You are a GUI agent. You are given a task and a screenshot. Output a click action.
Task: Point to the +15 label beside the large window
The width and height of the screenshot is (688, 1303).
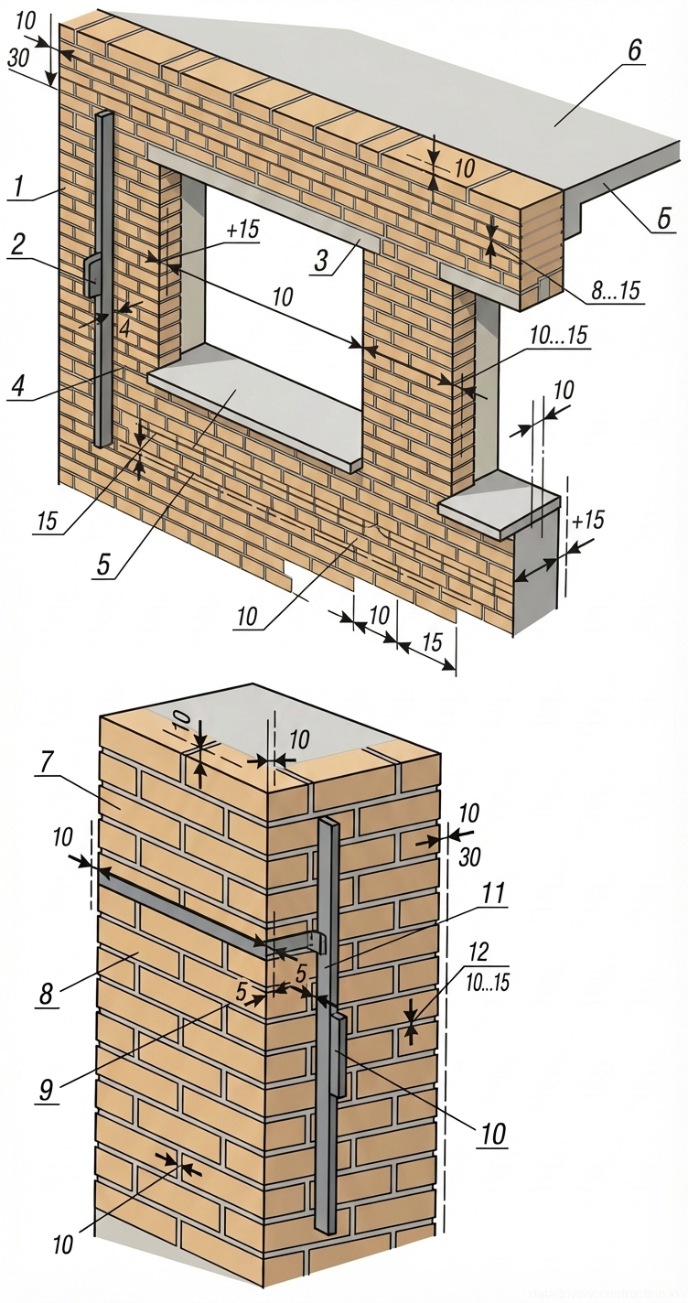click(x=242, y=230)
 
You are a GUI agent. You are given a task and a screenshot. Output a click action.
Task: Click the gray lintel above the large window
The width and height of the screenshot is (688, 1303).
click(x=265, y=193)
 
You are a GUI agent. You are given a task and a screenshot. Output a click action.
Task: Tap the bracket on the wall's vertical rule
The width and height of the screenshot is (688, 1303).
click(x=93, y=275)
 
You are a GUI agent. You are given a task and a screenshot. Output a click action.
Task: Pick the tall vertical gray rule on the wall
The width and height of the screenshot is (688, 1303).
click(x=104, y=348)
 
